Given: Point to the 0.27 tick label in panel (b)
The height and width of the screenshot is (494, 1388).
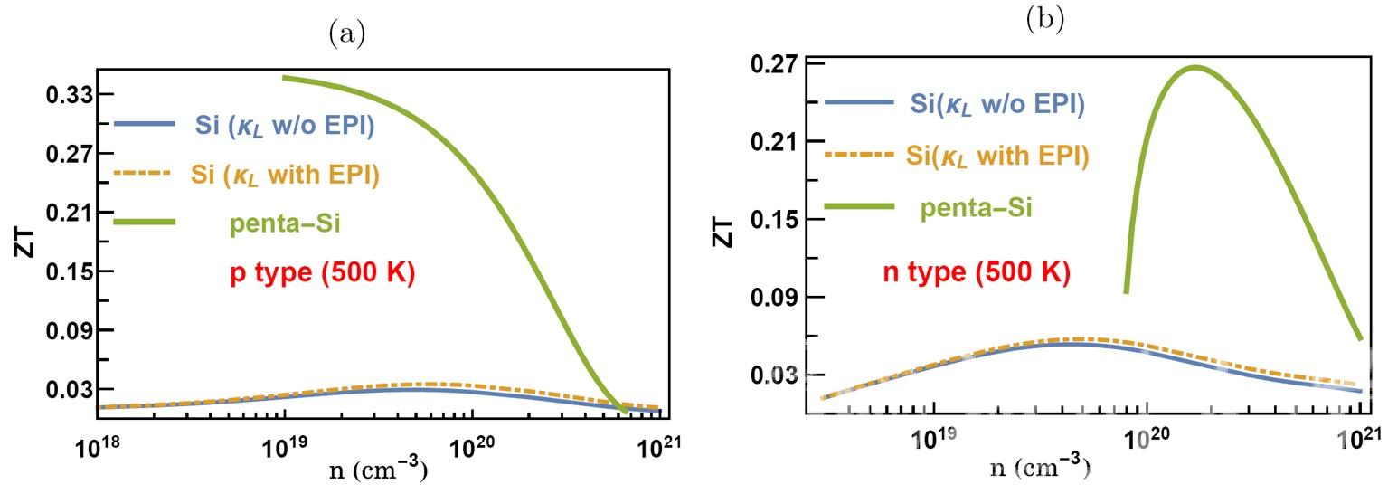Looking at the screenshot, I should [x=777, y=64].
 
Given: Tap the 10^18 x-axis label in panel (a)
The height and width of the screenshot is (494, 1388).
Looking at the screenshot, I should [x=96, y=445].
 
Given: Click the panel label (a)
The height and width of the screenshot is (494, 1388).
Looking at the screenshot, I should [x=348, y=34].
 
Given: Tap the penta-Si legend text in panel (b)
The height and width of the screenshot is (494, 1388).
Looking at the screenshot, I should [x=977, y=208].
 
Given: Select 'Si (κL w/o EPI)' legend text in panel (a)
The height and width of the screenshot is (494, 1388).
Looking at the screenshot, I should [x=285, y=126].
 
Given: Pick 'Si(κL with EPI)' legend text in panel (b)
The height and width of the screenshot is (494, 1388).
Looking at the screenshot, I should [x=997, y=156].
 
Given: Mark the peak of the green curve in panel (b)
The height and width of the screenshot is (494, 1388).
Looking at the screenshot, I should [x=1194, y=67].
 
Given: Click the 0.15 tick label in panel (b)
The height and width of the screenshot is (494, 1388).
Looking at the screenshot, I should [x=777, y=220].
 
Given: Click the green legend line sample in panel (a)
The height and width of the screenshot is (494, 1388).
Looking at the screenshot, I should [x=144, y=220].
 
